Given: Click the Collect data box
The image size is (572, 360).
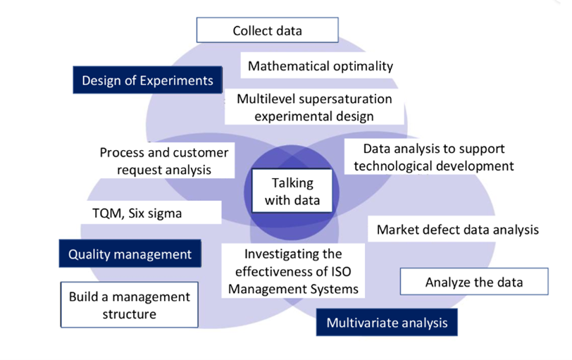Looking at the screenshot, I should (x=267, y=31).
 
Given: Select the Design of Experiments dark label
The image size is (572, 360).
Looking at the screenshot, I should (x=147, y=80).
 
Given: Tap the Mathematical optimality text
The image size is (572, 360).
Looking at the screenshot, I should (x=321, y=66).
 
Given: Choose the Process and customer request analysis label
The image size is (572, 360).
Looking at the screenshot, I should (x=164, y=161).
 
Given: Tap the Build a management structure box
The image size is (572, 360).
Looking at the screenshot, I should (x=129, y=305).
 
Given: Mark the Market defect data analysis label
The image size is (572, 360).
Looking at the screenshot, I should (x=457, y=230).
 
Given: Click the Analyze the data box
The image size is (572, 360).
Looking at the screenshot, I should (x=474, y=283).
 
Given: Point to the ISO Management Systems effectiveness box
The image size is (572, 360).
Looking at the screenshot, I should (x=292, y=271).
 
